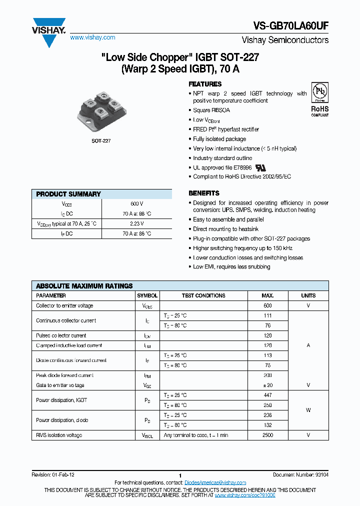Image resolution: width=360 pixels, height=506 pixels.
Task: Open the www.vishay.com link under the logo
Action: coord(92,37)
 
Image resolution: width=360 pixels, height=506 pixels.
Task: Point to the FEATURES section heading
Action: coord(205,84)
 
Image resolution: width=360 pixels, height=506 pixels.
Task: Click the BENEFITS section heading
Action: coord(203,193)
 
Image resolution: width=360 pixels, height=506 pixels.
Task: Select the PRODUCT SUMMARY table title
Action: coord(68,194)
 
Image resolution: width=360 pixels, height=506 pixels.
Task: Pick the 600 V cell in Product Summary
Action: coord(136,204)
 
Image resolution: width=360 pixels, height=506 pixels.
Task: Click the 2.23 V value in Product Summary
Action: coord(136,223)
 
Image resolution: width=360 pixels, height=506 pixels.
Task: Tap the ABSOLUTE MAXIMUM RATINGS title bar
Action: coord(84,286)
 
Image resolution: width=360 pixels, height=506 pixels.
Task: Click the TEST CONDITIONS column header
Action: coord(203,295)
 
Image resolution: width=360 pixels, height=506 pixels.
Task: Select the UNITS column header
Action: coord(308,295)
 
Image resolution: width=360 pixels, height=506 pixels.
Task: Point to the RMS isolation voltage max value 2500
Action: coord(267,435)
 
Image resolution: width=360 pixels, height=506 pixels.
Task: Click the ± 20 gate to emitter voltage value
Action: coord(267,385)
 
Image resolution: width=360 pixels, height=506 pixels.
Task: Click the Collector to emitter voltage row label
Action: coord(64,305)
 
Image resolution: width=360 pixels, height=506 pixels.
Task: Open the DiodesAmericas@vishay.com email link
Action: coord(215,482)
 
